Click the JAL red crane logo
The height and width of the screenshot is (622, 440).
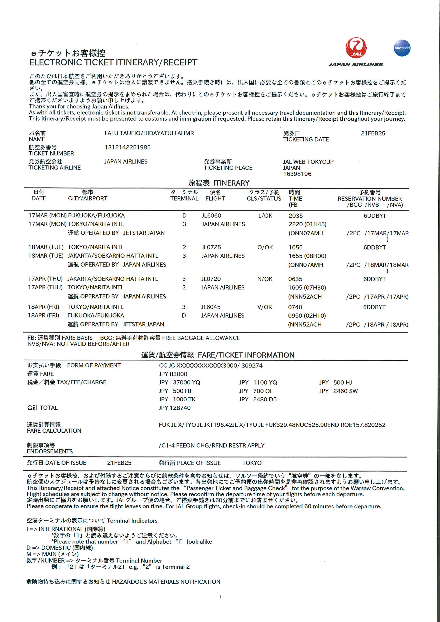pos(356,48)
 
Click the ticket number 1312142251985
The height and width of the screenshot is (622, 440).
pos(127,147)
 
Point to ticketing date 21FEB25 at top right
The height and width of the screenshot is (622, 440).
pos(373,133)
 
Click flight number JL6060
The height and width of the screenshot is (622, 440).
pos(211,216)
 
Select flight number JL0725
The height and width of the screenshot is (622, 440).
pos(211,247)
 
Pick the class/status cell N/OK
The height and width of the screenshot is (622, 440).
pos(265,279)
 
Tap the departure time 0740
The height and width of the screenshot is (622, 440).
pos(295,307)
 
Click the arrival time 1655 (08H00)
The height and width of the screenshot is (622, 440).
pos(307,256)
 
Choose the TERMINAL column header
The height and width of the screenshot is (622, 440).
pos(184,199)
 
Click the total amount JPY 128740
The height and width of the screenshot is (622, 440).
pos(174,408)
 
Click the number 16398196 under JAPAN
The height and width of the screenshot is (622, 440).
pos(297,174)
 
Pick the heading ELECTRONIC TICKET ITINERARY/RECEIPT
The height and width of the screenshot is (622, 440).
pos(113,63)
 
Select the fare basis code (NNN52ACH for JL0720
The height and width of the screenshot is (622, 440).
pos(305,297)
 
